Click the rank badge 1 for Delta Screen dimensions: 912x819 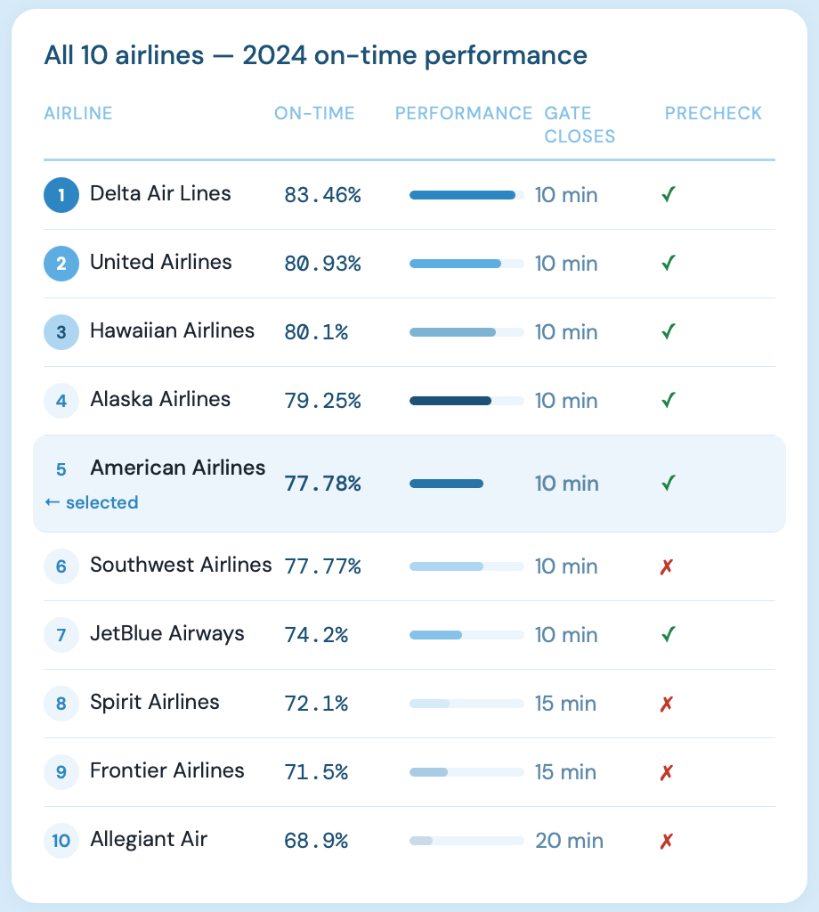[61, 195]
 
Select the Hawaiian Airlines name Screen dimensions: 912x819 [172, 331]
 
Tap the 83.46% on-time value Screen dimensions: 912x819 [322, 195]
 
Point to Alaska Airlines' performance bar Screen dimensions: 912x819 [466, 401]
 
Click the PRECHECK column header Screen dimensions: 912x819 [713, 113]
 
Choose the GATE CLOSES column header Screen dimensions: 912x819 [580, 125]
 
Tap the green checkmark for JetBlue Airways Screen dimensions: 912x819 [669, 635]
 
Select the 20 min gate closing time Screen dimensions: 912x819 [569, 841]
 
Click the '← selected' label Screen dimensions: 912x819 [91, 502]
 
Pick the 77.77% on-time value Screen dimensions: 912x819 [322, 566]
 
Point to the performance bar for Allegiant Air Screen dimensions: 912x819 [466, 841]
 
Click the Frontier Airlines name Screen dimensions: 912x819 [166, 770]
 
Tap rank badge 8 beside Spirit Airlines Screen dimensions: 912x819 [61, 704]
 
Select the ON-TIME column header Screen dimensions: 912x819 [314, 113]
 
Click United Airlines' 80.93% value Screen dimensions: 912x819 [322, 264]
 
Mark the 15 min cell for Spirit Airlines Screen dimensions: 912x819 [565, 704]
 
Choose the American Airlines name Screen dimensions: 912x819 [177, 468]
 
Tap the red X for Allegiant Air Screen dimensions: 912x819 [666, 841]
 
